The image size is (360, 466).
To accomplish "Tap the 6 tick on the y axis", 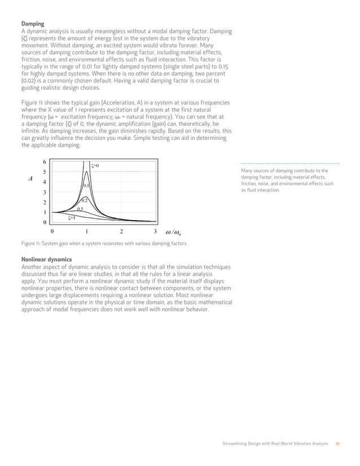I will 45,162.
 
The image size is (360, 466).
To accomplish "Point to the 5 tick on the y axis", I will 45,172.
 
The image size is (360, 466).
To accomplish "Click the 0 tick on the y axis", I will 45,223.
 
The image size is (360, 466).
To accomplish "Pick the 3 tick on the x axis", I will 155,232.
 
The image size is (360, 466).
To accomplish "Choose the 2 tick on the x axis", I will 121,232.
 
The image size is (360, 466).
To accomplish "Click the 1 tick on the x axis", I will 86,232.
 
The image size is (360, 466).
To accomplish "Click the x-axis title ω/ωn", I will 177,232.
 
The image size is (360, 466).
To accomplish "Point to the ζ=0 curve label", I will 95,166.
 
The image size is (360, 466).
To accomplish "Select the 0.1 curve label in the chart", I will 86,185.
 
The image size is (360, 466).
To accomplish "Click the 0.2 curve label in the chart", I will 83,200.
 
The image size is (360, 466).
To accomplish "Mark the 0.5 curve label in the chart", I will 80,209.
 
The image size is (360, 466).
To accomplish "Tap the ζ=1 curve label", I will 72,217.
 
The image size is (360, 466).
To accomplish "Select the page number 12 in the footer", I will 337,444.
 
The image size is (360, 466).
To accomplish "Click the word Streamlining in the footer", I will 235,444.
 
